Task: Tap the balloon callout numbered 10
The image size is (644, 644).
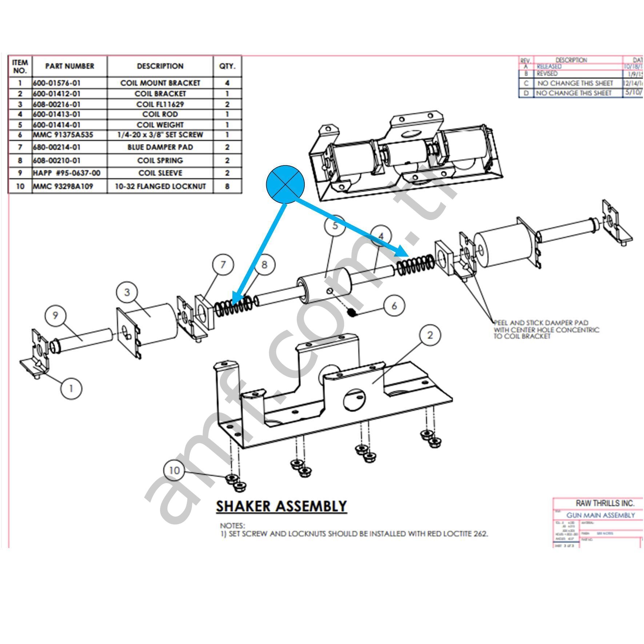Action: pos(174,470)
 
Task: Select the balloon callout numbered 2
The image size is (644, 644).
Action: pos(430,335)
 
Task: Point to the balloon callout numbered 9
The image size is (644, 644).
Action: pos(55,315)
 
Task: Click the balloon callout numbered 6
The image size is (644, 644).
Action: pos(394,306)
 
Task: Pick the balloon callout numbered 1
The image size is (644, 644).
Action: pos(71,389)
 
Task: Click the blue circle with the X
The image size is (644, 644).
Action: pos(285,184)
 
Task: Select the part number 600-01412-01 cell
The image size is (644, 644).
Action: pos(57,93)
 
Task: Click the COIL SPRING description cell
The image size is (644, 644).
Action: pos(160,160)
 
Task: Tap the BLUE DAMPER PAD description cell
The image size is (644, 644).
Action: pos(160,147)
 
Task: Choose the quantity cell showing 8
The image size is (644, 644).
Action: pos(227,186)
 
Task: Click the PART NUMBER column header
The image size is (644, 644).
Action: pos(69,66)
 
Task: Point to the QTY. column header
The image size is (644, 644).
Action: pos(227,66)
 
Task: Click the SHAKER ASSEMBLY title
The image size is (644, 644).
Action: pos(281,506)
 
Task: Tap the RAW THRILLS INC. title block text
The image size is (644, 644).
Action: pos(605,503)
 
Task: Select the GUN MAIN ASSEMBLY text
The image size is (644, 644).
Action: pos(600,515)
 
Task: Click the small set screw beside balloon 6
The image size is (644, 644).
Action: pos(351,312)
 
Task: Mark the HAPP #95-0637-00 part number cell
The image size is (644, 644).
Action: pos(67,173)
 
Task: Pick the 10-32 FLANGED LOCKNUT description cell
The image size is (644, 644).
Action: pos(160,186)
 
